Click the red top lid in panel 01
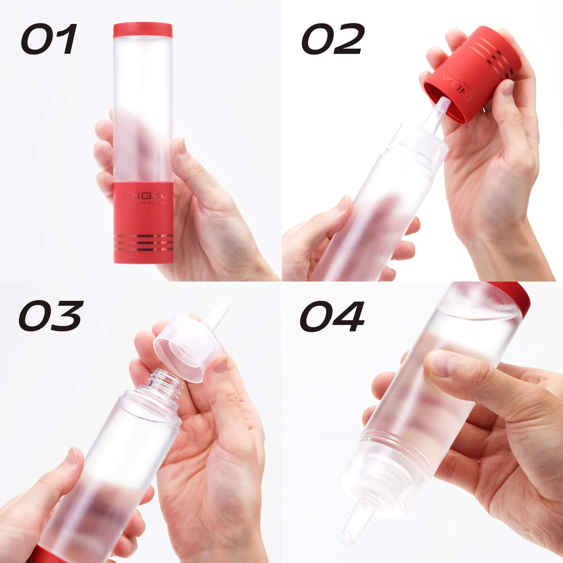pos(143,30)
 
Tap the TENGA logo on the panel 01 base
pos(144,196)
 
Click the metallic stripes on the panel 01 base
pos(143,243)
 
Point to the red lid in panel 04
pos(515,295)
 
